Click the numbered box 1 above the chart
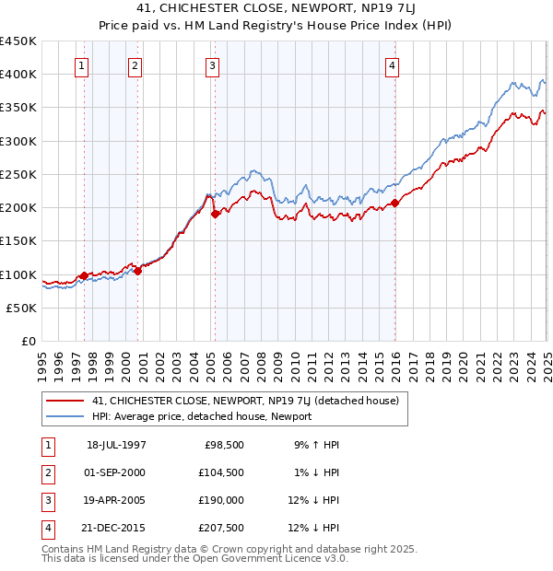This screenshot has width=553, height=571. pos(83,65)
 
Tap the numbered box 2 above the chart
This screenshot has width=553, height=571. pos(135,65)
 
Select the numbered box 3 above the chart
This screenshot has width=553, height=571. pos(213,65)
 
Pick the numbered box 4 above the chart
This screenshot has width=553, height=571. pos(393,65)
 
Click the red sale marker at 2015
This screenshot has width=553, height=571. pos(394,203)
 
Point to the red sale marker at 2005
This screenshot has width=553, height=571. pos(215,214)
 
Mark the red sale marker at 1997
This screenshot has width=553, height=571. pos(84,275)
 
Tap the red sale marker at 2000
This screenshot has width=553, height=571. pos(137,271)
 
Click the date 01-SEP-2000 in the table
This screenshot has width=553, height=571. pos(116,473)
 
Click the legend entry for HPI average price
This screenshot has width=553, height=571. pos(202,416)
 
